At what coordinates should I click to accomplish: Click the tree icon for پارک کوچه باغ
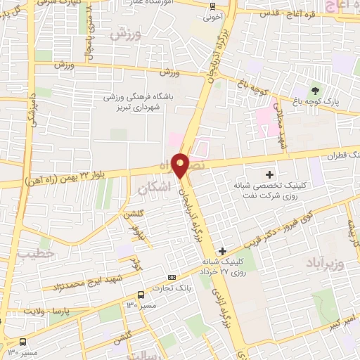(x=314, y=91)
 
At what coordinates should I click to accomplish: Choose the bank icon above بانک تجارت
(x=172, y=276)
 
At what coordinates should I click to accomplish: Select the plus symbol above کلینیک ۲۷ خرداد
(x=222, y=251)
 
